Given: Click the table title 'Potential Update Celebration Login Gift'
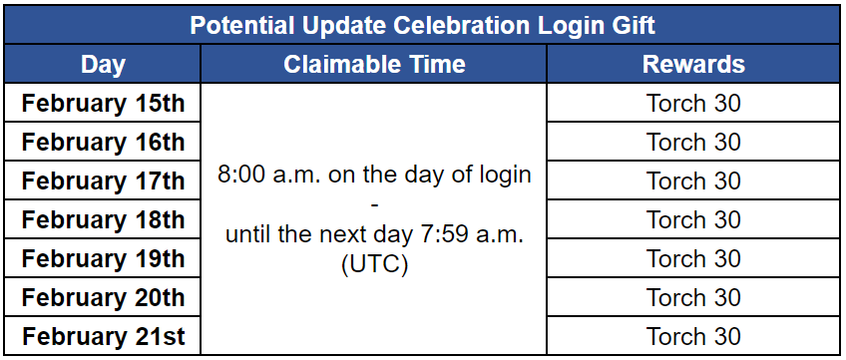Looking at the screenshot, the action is click(x=422, y=25).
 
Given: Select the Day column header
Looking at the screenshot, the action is click(x=103, y=64).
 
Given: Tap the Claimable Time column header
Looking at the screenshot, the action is click(x=374, y=64).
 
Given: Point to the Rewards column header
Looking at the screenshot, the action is click(x=693, y=64).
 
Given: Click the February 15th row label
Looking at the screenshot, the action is click(x=103, y=103).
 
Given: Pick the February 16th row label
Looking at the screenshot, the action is click(x=103, y=142).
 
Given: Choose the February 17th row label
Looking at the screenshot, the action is click(x=103, y=180).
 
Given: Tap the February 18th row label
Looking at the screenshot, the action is click(x=103, y=219).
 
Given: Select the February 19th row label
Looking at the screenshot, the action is click(x=103, y=258).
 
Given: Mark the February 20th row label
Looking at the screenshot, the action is click(x=103, y=297).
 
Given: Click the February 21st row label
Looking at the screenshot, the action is click(x=103, y=336).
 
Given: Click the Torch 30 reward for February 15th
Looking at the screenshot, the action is click(x=693, y=103).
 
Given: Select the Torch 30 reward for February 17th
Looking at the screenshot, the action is click(x=693, y=180).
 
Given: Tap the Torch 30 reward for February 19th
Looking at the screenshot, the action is click(x=693, y=258).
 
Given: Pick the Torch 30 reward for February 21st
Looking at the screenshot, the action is click(x=693, y=336).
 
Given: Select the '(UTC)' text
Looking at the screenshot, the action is click(x=374, y=265).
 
